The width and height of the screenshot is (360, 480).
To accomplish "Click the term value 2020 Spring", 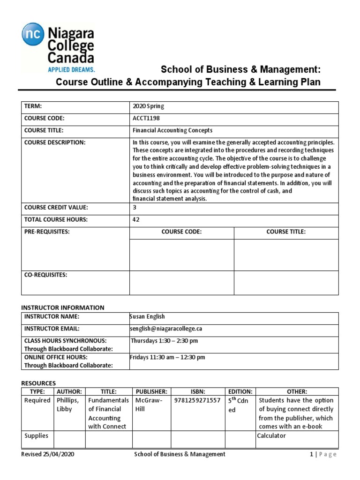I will pyautogui.click(x=149, y=106).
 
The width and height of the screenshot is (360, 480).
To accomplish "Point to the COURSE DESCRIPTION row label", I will pyautogui.click(x=55, y=142).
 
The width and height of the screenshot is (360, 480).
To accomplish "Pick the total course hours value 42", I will pyautogui.click(x=136, y=219).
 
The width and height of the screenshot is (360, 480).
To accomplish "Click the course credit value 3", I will pyautogui.click(x=135, y=207).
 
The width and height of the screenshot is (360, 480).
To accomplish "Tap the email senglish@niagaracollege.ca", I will pyautogui.click(x=166, y=329).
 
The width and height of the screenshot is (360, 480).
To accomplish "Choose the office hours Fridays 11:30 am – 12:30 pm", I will pyautogui.click(x=167, y=357).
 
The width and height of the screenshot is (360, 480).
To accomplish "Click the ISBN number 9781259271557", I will pyautogui.click(x=197, y=400).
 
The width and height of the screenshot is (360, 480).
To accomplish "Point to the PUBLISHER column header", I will pyautogui.click(x=151, y=391).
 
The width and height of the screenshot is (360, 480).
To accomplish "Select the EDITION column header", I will pyautogui.click(x=240, y=391).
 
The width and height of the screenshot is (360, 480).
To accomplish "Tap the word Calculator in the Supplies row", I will pyautogui.click(x=271, y=436).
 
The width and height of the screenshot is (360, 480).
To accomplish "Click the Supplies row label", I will pyautogui.click(x=37, y=436).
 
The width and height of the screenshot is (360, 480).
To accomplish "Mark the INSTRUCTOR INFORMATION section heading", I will pyautogui.click(x=63, y=307).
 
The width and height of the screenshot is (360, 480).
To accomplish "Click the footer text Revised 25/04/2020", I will pyautogui.click(x=47, y=454).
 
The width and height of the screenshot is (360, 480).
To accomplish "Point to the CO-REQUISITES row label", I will pyautogui.click(x=46, y=275).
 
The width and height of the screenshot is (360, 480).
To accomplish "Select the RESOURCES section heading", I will pyautogui.click(x=38, y=383).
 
